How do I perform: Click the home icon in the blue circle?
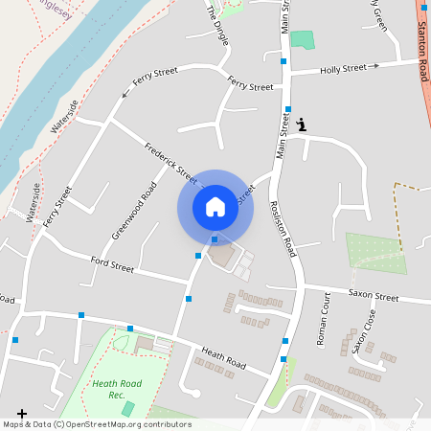click(215, 207)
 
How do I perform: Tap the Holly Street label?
click(344, 69)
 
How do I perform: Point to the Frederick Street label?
click(170, 163)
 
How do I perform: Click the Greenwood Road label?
click(133, 210)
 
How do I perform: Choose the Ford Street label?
click(112, 263)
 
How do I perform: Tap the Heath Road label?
click(223, 358)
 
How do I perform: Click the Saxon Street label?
click(373, 297)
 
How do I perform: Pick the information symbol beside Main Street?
click(303, 124)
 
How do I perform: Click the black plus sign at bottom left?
click(22, 415)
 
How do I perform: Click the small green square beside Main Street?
click(302, 40)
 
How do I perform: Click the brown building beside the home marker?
click(223, 257)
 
